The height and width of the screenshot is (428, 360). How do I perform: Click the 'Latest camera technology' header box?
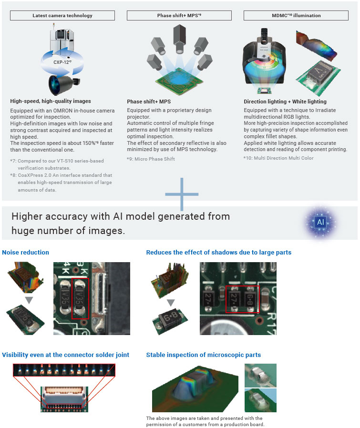pyautogui.click(x=62, y=15)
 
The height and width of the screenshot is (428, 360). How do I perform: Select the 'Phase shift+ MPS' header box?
pyautogui.click(x=179, y=15)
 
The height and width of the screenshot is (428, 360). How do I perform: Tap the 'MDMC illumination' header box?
pyautogui.click(x=296, y=15)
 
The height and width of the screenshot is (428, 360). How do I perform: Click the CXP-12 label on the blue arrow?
pyautogui.click(x=62, y=61)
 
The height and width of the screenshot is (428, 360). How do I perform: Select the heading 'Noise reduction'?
pyautogui.click(x=25, y=252)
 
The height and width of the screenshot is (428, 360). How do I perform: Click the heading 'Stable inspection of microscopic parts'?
pyautogui.click(x=204, y=355)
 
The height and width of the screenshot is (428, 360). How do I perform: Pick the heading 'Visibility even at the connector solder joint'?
pyautogui.click(x=66, y=355)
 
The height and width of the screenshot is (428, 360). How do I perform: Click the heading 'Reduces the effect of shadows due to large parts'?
pyautogui.click(x=219, y=252)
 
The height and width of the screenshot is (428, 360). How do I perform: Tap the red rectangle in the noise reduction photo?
pyautogui.click(x=80, y=298)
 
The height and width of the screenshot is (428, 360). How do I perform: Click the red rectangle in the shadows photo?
pyautogui.click(x=242, y=299)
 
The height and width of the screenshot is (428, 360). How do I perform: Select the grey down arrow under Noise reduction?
pyautogui.click(x=29, y=300)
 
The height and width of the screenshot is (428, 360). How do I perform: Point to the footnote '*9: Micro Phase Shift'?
pyautogui.click(x=151, y=159)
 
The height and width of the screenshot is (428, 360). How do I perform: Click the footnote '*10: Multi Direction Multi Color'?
pyautogui.click(x=278, y=158)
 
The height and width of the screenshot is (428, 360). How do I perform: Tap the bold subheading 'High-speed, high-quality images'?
pyautogui.click(x=50, y=101)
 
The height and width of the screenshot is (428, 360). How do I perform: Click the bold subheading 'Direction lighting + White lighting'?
pyautogui.click(x=285, y=102)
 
